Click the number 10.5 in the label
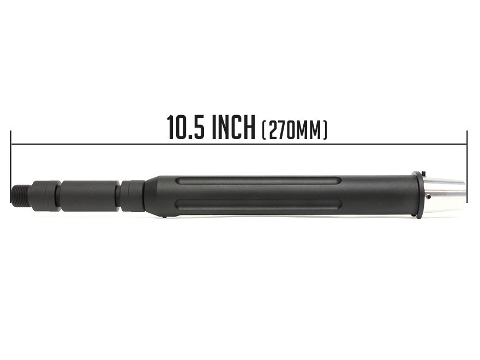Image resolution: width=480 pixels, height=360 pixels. (185, 127)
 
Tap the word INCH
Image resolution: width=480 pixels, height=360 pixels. (233, 127)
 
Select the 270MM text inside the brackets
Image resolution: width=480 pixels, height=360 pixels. (295, 130)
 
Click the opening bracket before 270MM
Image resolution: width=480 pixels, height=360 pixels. (263, 130)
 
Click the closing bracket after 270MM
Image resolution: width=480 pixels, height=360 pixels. (325, 130)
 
